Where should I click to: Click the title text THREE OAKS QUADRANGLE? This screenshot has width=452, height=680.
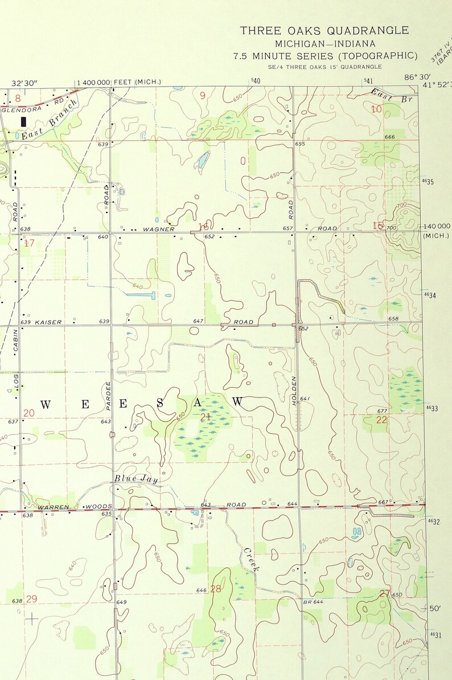[x=324, y=31]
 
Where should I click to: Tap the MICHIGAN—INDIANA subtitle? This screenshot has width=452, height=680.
[x=324, y=44]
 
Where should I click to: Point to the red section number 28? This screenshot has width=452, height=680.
[x=216, y=589]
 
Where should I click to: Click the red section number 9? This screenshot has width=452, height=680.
[x=202, y=96]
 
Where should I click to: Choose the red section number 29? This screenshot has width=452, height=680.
[x=31, y=599]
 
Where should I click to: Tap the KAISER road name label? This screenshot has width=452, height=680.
[x=48, y=322]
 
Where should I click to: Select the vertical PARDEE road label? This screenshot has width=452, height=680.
[x=108, y=395]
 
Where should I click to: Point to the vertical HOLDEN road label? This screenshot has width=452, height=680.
[x=295, y=391]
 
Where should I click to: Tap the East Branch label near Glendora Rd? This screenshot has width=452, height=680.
[x=50, y=120]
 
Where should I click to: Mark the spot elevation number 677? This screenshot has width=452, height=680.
[x=382, y=411]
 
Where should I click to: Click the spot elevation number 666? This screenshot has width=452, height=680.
[x=389, y=137]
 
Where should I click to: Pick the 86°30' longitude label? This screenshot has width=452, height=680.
[x=417, y=77]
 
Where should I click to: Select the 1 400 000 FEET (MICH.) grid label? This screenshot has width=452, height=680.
[x=118, y=82]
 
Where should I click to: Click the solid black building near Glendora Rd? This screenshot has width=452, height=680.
[x=23, y=121]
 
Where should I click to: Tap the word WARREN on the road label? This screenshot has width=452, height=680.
[x=53, y=506]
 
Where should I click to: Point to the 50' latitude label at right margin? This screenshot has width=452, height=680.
[x=435, y=608]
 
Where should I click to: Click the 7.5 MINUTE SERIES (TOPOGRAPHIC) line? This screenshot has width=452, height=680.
[x=324, y=56]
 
